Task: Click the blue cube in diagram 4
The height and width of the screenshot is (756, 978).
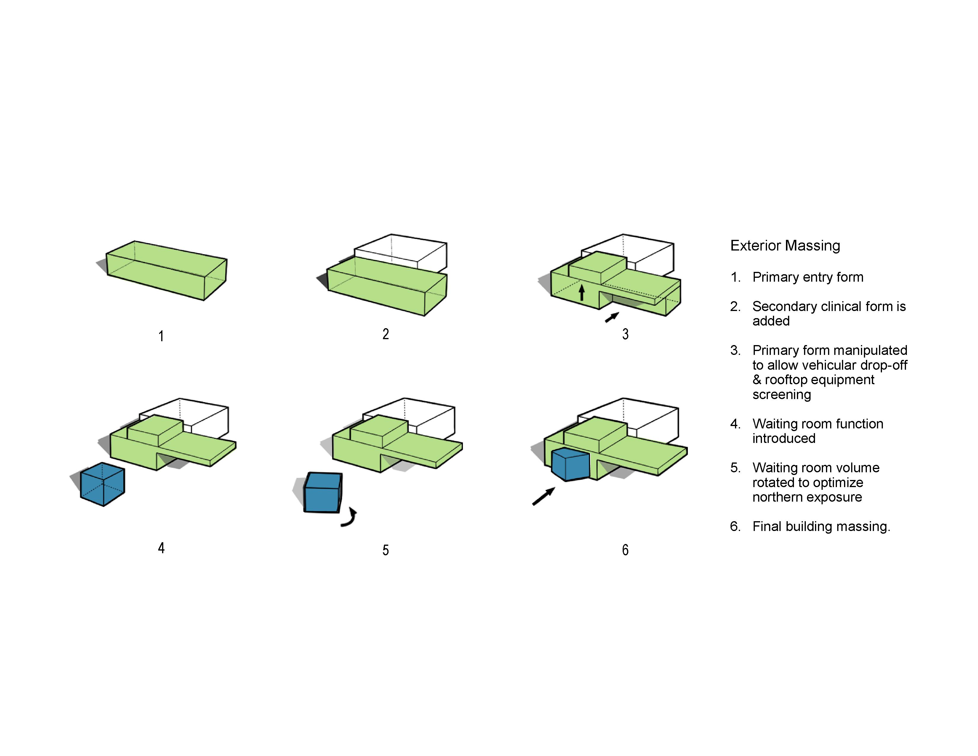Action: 103,485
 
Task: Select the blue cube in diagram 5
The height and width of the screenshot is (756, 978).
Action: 323,493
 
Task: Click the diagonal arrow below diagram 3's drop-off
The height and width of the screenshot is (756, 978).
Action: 612,317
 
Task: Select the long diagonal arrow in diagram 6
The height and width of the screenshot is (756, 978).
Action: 544,496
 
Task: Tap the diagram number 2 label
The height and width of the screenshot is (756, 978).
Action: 386,334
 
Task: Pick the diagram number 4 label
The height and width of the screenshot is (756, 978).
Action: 161,548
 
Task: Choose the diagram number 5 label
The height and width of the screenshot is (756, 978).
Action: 386,550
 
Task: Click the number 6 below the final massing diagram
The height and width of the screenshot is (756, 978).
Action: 625,550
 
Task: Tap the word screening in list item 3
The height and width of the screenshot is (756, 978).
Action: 782,395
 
